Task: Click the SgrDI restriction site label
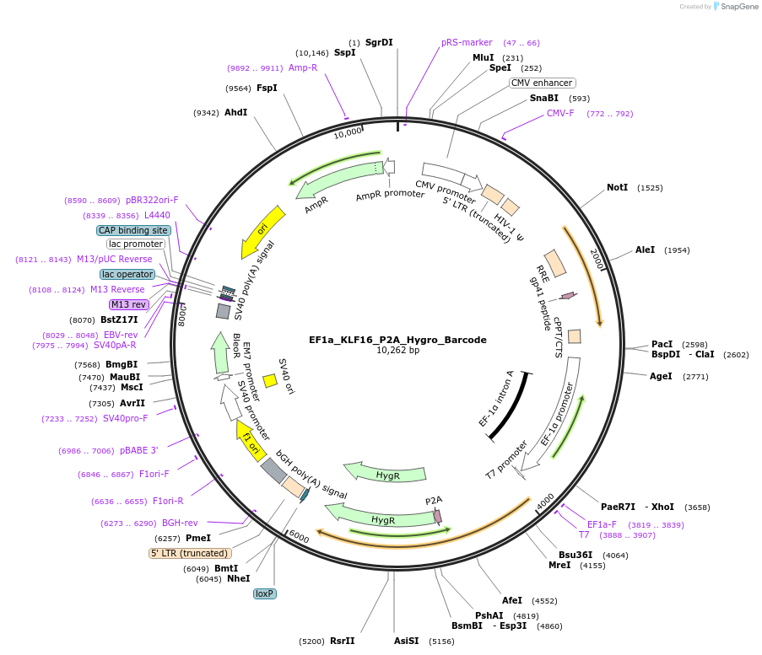pyautogui.click(x=379, y=42)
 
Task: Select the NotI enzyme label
pyautogui.click(x=617, y=187)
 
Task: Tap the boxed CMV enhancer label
pyautogui.click(x=543, y=83)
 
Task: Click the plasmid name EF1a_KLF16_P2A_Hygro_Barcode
pyautogui.click(x=397, y=340)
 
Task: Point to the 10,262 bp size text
pyautogui.click(x=397, y=351)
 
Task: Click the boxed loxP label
pyautogui.click(x=265, y=593)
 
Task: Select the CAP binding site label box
pyautogui.click(x=134, y=230)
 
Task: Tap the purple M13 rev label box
pyautogui.click(x=128, y=304)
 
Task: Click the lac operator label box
pyautogui.click(x=127, y=274)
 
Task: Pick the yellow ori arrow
pyautogui.click(x=259, y=231)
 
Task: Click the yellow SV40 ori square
pyautogui.click(x=270, y=381)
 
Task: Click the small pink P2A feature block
pyautogui.click(x=437, y=515)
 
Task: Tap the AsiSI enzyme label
pyautogui.click(x=406, y=641)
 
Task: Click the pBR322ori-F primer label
pyautogui.click(x=152, y=200)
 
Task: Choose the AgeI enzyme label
pyautogui.click(x=661, y=376)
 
